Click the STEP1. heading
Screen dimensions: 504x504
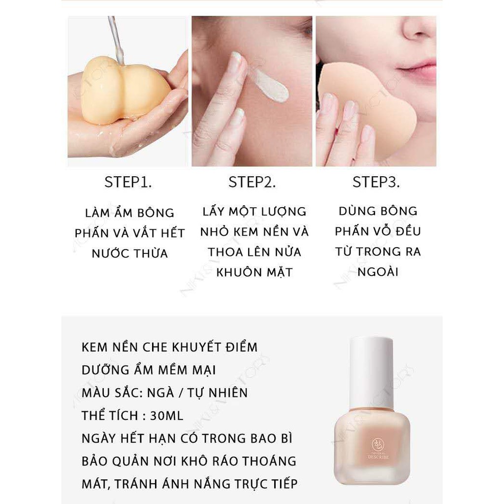pyautogui.click(x=128, y=182)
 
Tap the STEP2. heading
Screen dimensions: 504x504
pyautogui.click(x=252, y=182)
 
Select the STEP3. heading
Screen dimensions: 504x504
pyautogui.click(x=376, y=182)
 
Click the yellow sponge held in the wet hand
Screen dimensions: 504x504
pyautogui.click(x=124, y=90)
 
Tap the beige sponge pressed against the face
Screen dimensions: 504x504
pyautogui.click(x=366, y=106)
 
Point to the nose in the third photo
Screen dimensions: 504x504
pyautogui.click(x=418, y=29)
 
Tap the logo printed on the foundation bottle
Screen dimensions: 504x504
pyautogui.click(x=378, y=449)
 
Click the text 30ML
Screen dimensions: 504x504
pyautogui.click(x=166, y=415)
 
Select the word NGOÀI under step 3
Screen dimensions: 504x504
pyautogui.click(x=378, y=272)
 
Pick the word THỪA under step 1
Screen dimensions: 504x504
pyautogui.click(x=151, y=253)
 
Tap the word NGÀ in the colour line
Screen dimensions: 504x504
pyautogui.click(x=160, y=393)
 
